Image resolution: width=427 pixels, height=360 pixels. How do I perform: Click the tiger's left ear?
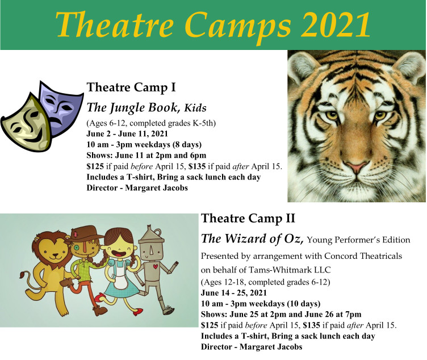[301, 66]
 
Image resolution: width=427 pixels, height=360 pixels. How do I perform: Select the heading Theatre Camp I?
[131, 87]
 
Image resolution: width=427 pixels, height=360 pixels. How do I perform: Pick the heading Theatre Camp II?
[248, 219]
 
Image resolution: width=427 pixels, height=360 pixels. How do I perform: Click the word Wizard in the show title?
[245, 238]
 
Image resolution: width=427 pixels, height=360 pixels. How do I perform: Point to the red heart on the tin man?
[155, 266]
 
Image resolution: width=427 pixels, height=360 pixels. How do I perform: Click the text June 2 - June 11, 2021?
[127, 133]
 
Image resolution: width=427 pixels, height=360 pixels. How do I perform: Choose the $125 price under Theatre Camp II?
[210, 325]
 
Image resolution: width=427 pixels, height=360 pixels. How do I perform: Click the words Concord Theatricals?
[363, 256]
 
